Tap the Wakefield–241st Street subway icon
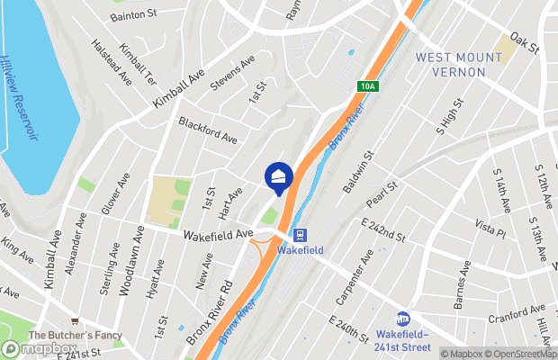tap(403, 319)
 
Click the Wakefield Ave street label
tap(218, 234)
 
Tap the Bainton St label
tap(133, 16)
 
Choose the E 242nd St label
tap(382, 230)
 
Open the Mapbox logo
tap(38, 349)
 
